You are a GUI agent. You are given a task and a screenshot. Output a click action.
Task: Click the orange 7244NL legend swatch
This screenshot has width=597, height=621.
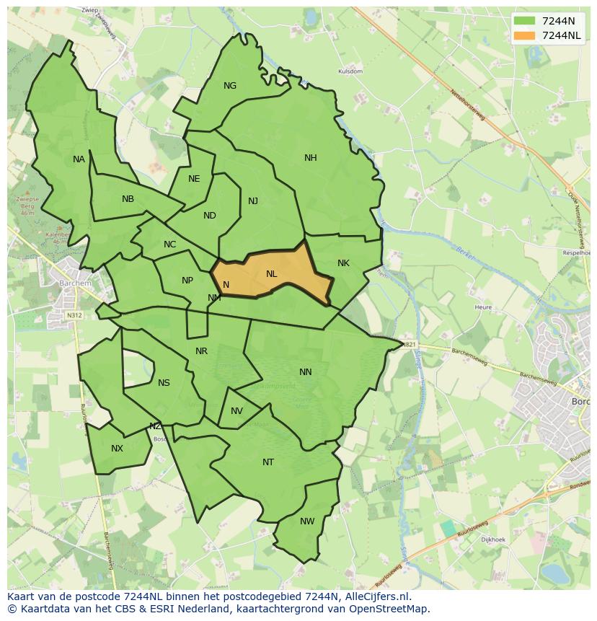pyautogui.click(x=525, y=35)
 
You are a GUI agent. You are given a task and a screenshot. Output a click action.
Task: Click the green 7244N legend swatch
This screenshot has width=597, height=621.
pyautogui.click(x=525, y=21)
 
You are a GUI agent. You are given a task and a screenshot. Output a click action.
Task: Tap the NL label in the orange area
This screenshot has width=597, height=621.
pyautogui.click(x=271, y=274)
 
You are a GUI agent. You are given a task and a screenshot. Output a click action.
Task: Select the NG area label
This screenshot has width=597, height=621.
pyautogui.click(x=230, y=86)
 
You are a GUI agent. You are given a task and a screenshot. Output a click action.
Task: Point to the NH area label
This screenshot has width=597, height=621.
pyautogui.click(x=310, y=158)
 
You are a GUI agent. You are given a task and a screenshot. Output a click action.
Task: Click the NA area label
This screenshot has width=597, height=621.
pyautogui.click(x=79, y=159)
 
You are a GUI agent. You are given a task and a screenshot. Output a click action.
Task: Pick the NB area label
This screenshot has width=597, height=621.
pyautogui.click(x=128, y=199)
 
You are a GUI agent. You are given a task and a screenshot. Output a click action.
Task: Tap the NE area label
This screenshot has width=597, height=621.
pyautogui.click(x=194, y=179)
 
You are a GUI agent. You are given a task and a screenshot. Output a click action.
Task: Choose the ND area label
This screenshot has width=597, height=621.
pyautogui.click(x=209, y=216)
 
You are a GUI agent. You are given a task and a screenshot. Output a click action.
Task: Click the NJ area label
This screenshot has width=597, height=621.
pyautogui.click(x=253, y=201)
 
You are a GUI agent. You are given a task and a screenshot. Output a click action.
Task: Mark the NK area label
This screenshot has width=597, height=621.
pyautogui.click(x=343, y=263)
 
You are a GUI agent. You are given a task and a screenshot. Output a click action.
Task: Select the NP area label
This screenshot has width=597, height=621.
pyautogui.click(x=187, y=281)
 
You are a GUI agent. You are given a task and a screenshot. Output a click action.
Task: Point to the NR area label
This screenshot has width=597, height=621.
pyautogui.click(x=201, y=351)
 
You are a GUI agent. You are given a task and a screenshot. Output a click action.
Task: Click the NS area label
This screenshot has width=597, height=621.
pyautogui.click(x=164, y=383)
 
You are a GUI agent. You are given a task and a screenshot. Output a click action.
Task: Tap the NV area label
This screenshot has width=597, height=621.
pyautogui.click(x=236, y=411)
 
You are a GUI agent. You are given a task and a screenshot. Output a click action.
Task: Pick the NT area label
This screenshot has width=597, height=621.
pyautogui.click(x=268, y=462)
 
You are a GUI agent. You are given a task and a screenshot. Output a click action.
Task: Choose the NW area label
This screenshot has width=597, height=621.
pyautogui.click(x=307, y=521)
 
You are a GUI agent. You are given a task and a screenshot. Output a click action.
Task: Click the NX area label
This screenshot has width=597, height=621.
pyautogui.click(x=117, y=449)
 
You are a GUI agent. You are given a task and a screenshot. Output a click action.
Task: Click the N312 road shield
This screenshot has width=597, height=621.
pyautogui.click(x=74, y=315)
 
